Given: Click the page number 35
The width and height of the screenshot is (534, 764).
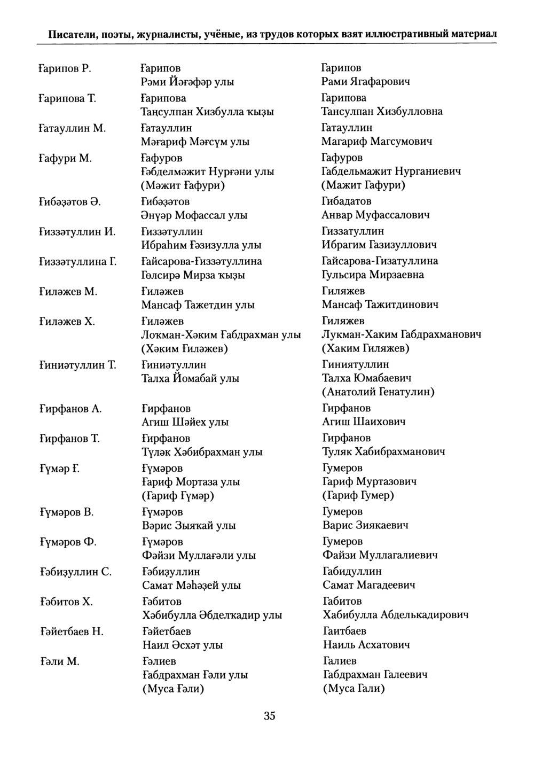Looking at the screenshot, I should point(269,716).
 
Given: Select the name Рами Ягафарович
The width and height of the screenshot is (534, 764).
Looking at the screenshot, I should point(366,82).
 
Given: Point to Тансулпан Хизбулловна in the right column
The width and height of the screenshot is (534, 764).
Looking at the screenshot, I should point(382,112).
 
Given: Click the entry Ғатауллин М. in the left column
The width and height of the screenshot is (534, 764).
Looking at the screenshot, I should point(73,128).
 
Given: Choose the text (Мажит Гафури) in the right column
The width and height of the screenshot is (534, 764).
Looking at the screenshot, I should point(363,185).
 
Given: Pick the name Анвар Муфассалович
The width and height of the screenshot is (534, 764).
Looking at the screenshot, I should point(375,215).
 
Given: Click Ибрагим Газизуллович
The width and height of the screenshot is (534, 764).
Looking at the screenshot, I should point(379,245).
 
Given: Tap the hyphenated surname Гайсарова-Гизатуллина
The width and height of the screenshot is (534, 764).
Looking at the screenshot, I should point(380,261).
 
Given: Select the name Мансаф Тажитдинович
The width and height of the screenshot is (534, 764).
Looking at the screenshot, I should point(380,305).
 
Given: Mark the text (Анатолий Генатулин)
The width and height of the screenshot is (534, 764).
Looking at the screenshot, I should point(378,392).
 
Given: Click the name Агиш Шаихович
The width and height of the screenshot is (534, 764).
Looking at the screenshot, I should point(364,422).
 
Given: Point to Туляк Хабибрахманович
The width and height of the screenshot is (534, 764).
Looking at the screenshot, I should point(383,451).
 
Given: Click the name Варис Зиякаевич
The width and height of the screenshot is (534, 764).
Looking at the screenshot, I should point(365,525).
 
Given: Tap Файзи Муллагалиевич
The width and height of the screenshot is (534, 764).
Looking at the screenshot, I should point(380,555).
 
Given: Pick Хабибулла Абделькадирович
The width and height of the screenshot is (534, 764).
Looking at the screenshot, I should point(396,615).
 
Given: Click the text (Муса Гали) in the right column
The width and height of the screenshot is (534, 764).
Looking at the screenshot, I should point(354,689).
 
